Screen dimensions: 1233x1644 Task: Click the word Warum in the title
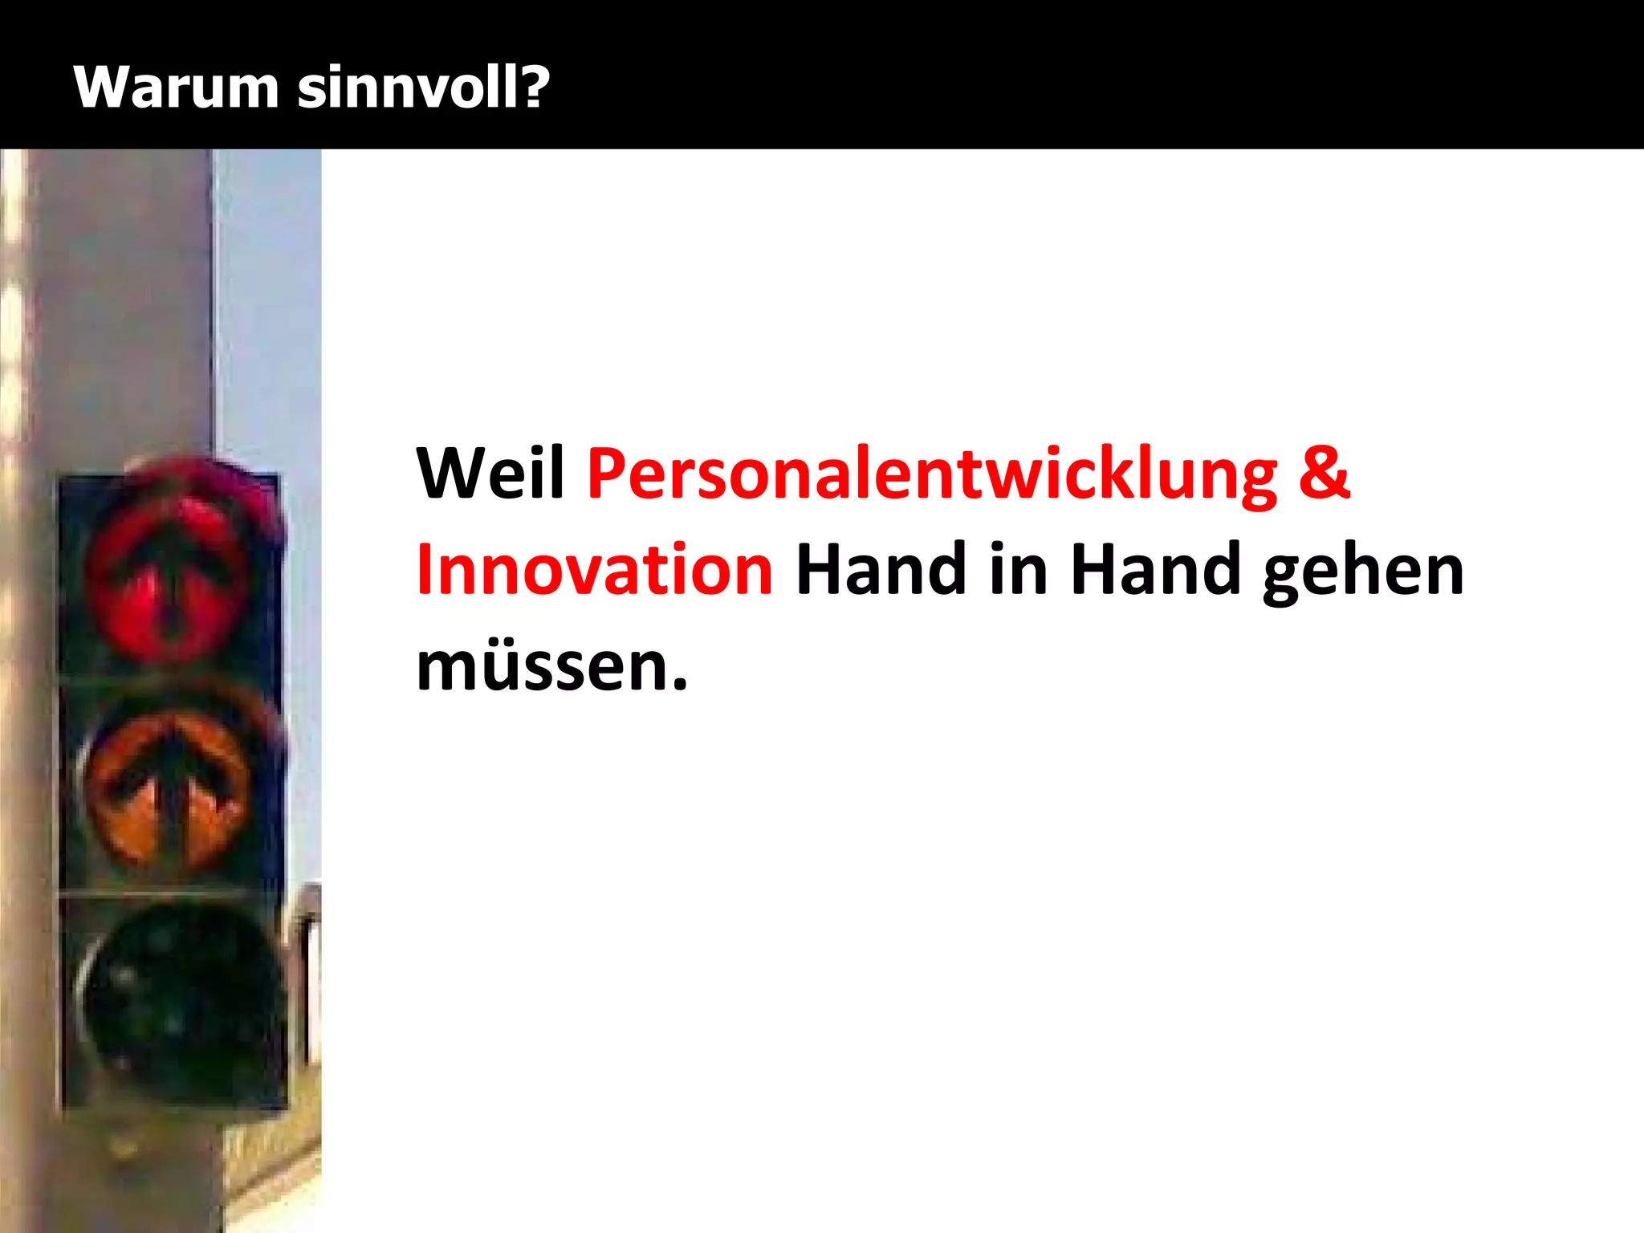pyautogui.click(x=175, y=87)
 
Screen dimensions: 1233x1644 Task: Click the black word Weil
pyautogui.click(x=490, y=474)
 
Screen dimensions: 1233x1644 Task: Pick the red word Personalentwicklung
pyautogui.click(x=932, y=475)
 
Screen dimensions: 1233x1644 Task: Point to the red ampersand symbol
pyautogui.click(x=1324, y=474)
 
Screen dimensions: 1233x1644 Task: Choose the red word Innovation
pyautogui.click(x=594, y=570)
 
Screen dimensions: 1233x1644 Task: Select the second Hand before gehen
pyautogui.click(x=1157, y=570)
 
